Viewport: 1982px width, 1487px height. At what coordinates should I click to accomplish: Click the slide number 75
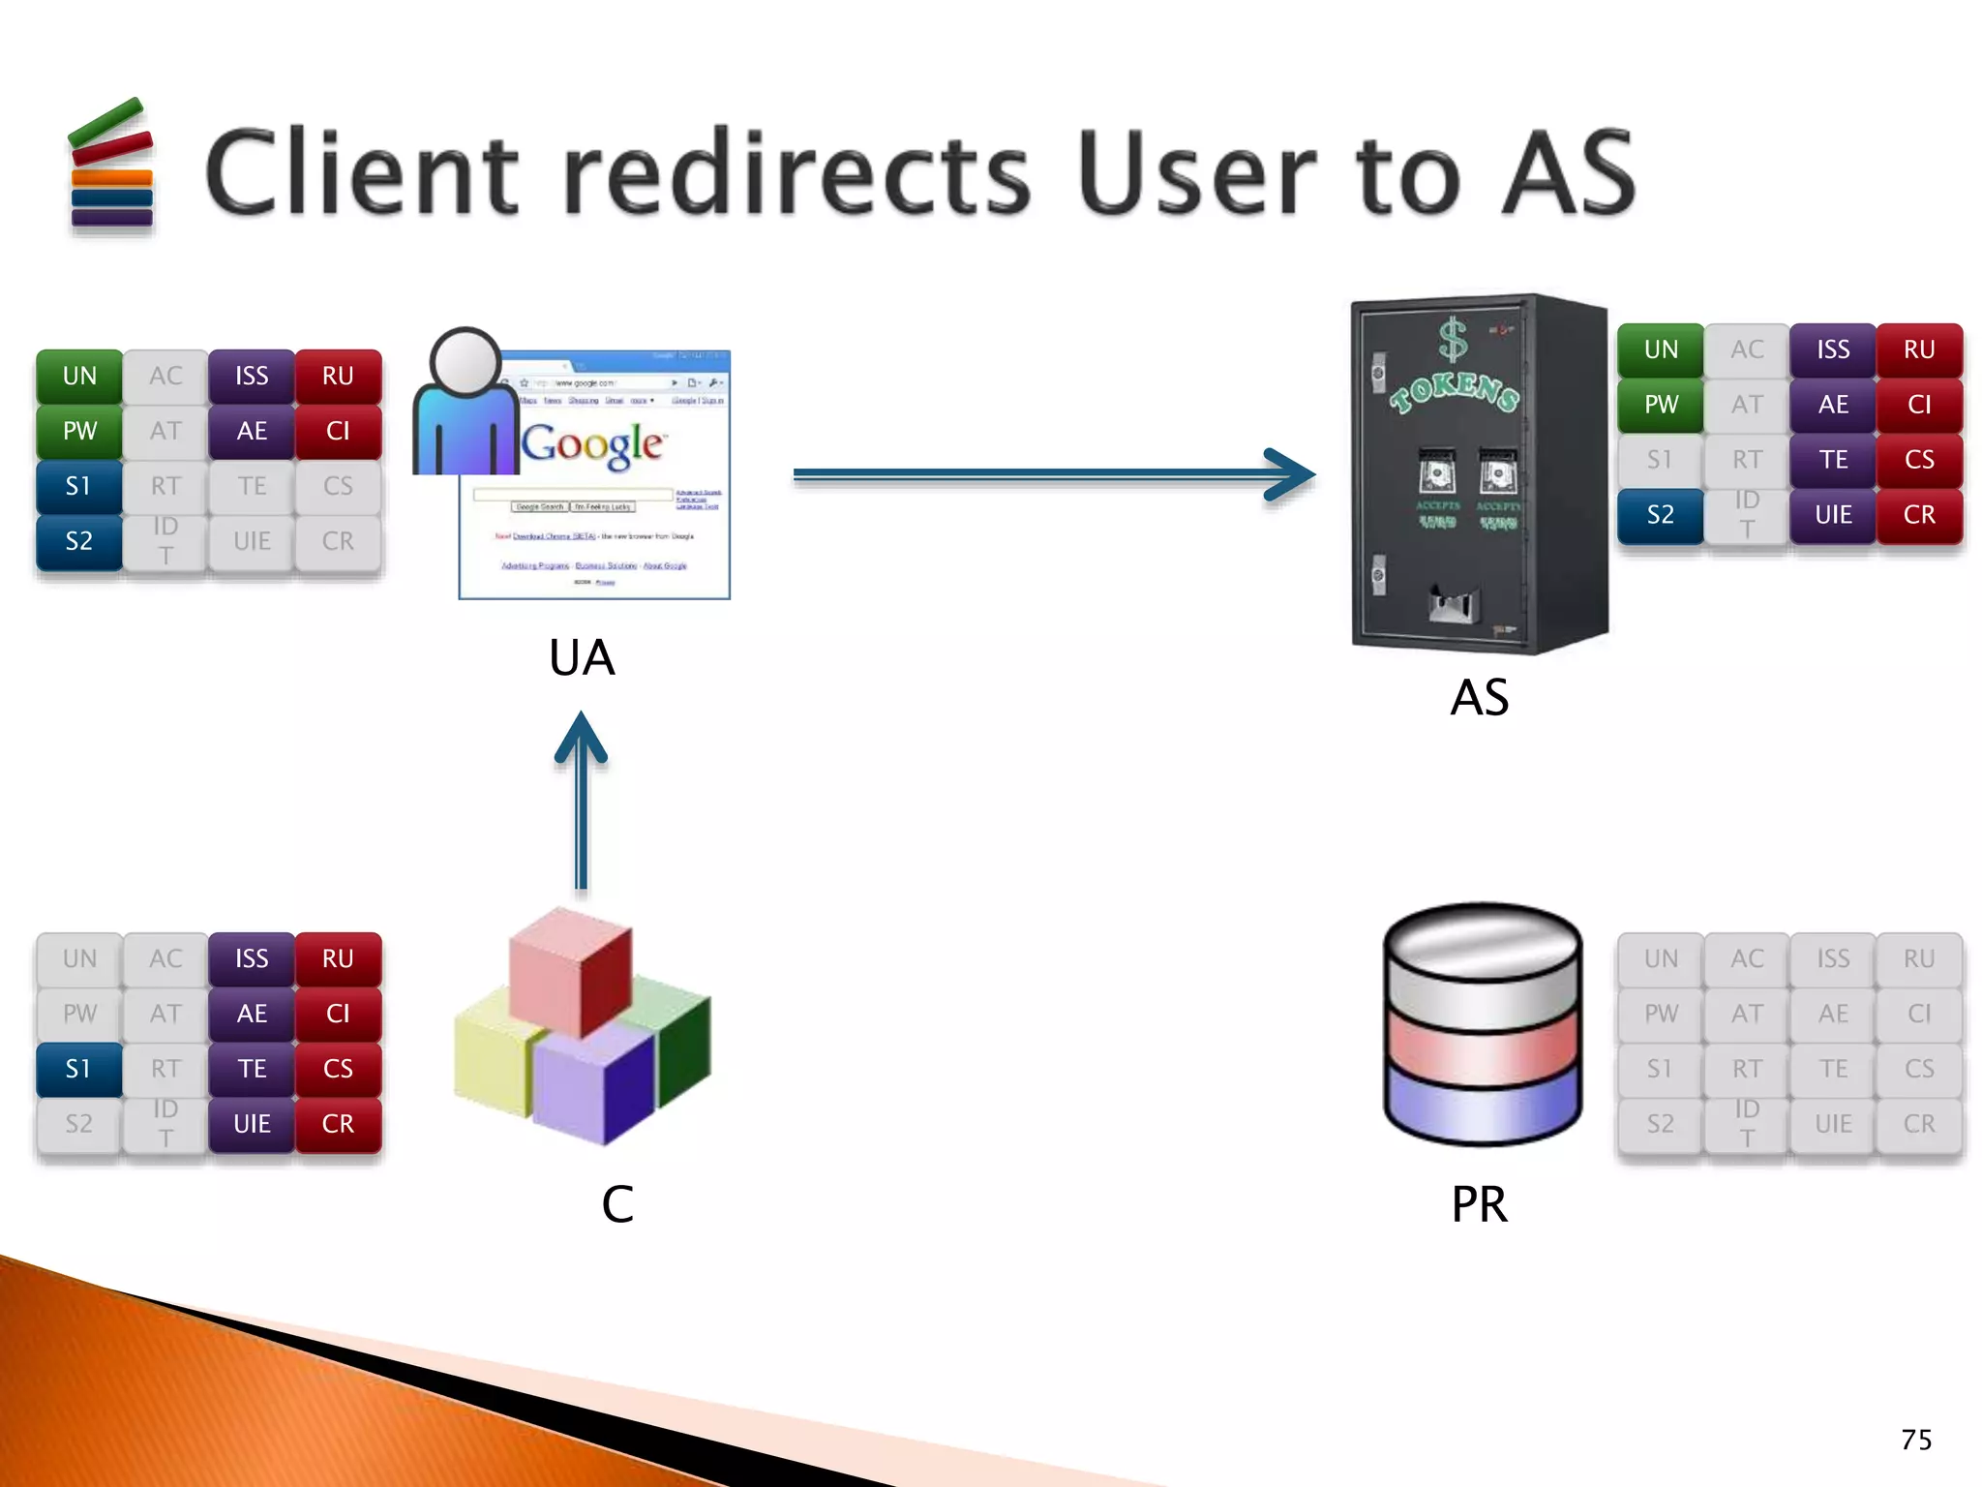(x=1915, y=1440)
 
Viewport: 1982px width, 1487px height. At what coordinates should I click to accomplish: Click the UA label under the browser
(x=582, y=658)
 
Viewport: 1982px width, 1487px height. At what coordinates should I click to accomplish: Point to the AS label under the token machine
(x=1479, y=697)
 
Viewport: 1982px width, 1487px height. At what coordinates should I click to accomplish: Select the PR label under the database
(x=1479, y=1204)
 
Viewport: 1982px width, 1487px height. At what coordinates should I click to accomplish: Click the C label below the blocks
(x=617, y=1204)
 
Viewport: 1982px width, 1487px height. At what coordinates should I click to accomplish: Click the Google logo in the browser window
(x=592, y=444)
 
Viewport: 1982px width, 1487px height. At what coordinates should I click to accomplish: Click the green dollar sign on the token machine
(x=1453, y=341)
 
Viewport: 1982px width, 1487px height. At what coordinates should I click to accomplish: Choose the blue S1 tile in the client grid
(x=79, y=1069)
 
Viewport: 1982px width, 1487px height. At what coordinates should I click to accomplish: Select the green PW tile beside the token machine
(x=1661, y=405)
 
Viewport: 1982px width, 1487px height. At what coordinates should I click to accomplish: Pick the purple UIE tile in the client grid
(x=252, y=1124)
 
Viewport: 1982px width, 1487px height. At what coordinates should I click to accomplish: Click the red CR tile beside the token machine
(x=1919, y=515)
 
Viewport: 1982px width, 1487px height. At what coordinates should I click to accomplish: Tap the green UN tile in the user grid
(x=79, y=376)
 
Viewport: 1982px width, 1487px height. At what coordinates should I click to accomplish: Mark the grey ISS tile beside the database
(x=1833, y=958)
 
